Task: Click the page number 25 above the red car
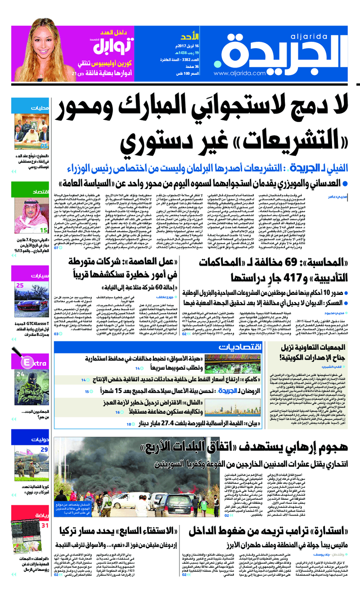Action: (x=20, y=285)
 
